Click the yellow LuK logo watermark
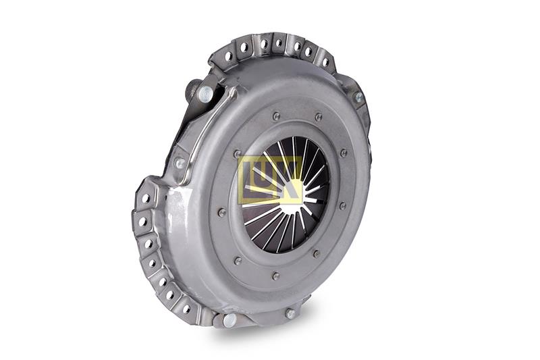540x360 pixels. pos(271,180)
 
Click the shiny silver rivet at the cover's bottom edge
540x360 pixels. pos(230,320)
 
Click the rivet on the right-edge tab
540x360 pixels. pos(359,97)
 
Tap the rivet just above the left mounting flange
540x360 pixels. pos(180,163)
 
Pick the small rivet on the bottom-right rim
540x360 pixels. pos(290,313)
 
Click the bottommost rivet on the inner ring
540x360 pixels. pos(275,276)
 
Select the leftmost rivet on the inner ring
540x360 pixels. pos(222,212)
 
